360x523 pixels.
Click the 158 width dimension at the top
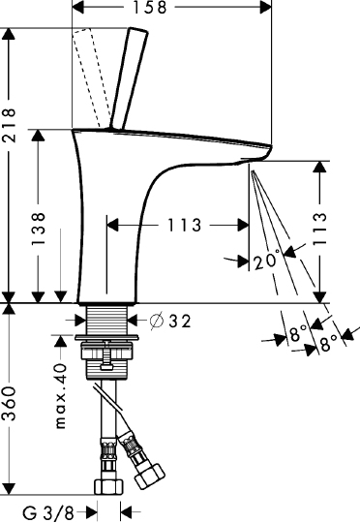[x=150, y=8]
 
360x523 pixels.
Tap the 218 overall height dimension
[x=8, y=125]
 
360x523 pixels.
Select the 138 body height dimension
[x=38, y=229]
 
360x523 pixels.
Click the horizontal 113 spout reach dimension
[x=184, y=225]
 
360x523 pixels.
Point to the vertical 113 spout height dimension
[x=319, y=229]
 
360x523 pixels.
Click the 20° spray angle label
[x=266, y=261]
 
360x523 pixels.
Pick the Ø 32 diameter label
[x=170, y=321]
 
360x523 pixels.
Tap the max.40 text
[x=61, y=396]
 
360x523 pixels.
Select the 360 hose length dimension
[x=8, y=403]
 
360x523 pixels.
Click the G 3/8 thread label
[x=48, y=512]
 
